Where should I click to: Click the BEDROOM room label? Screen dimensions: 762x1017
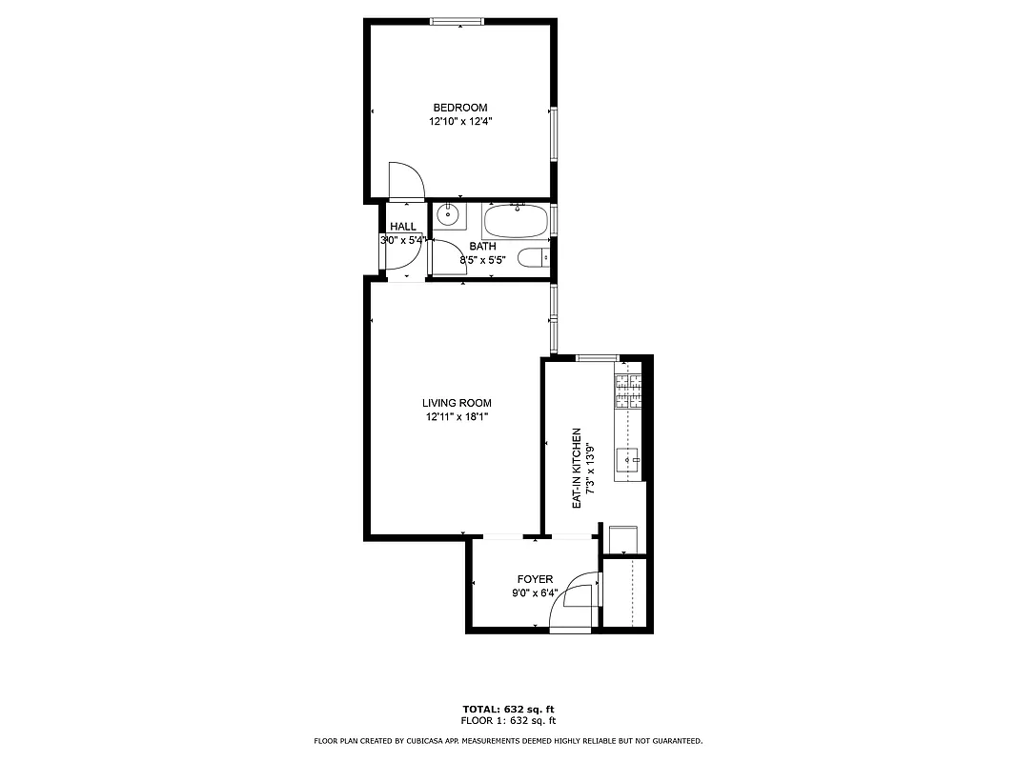click(x=459, y=108)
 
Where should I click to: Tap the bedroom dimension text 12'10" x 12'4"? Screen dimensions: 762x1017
click(x=459, y=121)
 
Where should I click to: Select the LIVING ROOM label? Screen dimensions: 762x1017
click(x=457, y=403)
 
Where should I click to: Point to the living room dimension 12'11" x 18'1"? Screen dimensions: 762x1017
click(x=457, y=416)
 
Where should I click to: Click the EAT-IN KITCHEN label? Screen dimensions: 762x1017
click(x=577, y=468)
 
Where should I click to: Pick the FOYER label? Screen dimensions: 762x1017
click(x=535, y=579)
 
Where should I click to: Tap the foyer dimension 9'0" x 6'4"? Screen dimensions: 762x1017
click(x=535, y=593)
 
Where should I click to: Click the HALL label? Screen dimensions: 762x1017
click(x=403, y=227)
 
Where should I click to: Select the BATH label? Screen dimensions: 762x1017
click(x=482, y=247)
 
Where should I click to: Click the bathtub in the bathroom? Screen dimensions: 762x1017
click(x=517, y=222)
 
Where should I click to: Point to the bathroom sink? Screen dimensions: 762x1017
click(x=448, y=216)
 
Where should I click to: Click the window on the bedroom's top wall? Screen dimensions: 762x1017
click(x=458, y=21)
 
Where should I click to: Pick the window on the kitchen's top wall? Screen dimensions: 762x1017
click(x=598, y=357)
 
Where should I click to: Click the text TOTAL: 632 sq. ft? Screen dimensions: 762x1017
click(x=508, y=710)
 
